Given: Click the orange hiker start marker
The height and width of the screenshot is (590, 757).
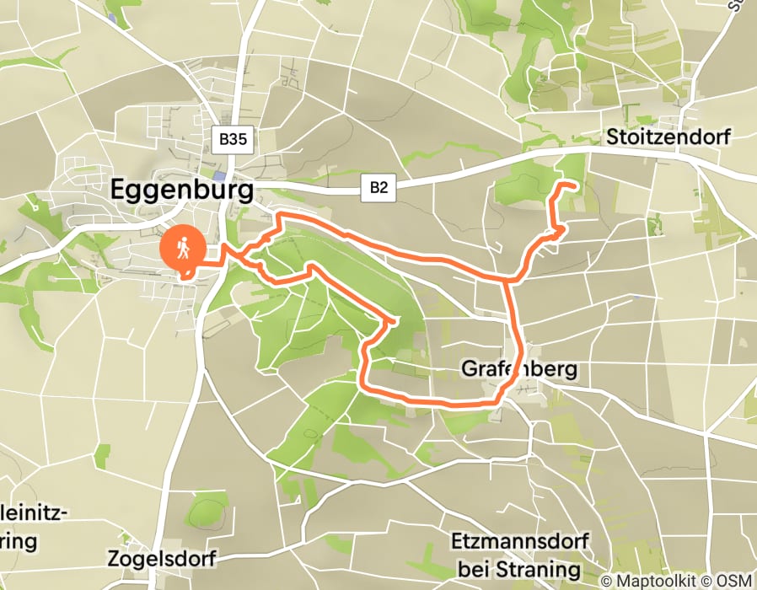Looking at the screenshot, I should point(182,249).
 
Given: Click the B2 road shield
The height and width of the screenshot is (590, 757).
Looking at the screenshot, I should point(378,187).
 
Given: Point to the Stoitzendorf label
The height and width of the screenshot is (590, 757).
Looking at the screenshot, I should point(668,137).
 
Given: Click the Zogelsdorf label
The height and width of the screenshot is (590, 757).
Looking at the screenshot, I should point(163,558).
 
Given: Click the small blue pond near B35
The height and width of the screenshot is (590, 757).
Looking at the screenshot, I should point(220,177).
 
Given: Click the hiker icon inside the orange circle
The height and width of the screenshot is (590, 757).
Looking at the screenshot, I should point(182,248).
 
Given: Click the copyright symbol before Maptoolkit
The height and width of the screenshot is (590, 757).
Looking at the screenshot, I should point(607,581).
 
